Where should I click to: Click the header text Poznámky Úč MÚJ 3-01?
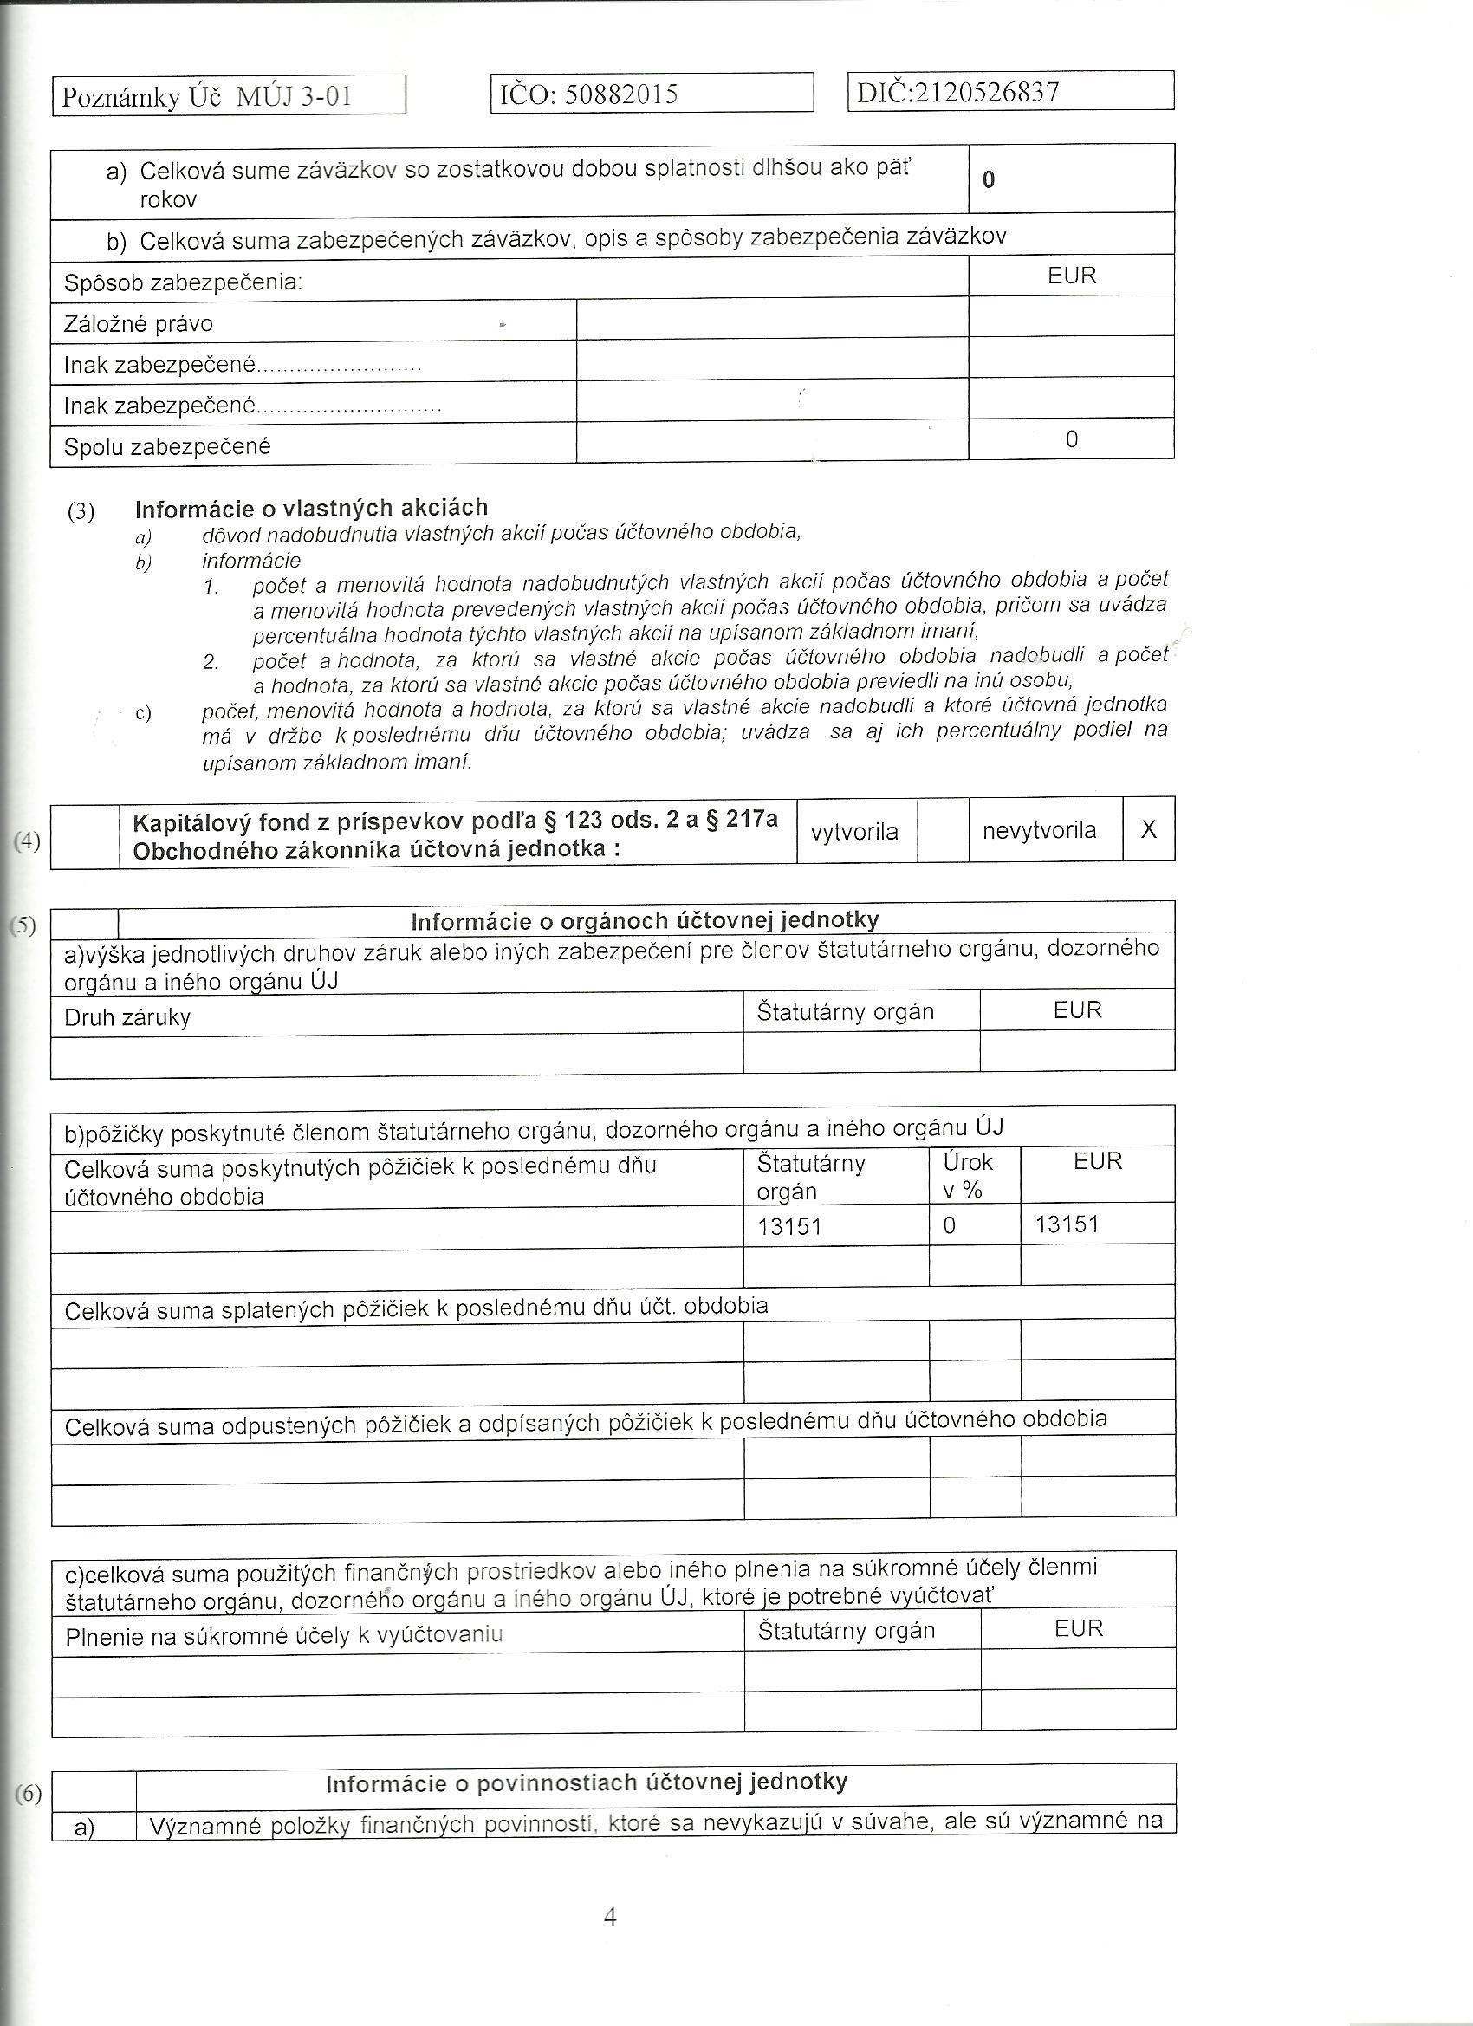pyautogui.click(x=207, y=96)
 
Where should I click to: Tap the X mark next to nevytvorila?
pyautogui.click(x=1149, y=830)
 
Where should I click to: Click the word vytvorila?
pyautogui.click(x=854, y=832)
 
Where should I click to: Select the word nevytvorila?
pyautogui.click(x=1039, y=831)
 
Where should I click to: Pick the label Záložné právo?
pyautogui.click(x=139, y=323)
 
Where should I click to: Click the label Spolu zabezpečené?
pyautogui.click(x=167, y=446)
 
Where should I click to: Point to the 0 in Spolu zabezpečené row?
pyautogui.click(x=1072, y=439)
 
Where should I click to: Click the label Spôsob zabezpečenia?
pyautogui.click(x=183, y=283)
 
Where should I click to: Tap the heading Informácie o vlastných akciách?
pyautogui.click(x=311, y=509)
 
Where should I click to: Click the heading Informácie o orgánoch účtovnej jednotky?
pyautogui.click(x=645, y=921)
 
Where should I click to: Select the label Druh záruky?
pyautogui.click(x=127, y=1017)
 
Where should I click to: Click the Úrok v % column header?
pyautogui.click(x=967, y=1176)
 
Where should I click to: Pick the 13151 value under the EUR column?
pyautogui.click(x=1067, y=1224)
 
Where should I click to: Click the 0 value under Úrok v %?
pyautogui.click(x=950, y=1225)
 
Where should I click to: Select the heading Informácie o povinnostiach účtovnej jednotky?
pyautogui.click(x=586, y=1783)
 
